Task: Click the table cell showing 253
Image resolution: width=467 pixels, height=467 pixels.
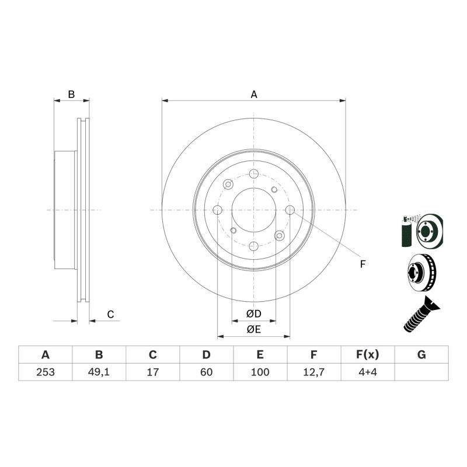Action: tap(46, 372)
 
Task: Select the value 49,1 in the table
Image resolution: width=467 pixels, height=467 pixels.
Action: tap(99, 372)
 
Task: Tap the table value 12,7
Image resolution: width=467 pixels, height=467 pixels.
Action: tap(313, 372)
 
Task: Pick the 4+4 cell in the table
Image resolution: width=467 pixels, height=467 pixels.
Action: tap(368, 372)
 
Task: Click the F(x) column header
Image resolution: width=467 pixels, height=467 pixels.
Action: tap(368, 355)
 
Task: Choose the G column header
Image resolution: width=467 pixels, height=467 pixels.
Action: tap(421, 355)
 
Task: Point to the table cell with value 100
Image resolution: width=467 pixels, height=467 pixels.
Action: tap(260, 372)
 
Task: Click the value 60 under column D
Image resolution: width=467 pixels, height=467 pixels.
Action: tap(206, 372)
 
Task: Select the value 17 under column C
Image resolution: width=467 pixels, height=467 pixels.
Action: tap(152, 372)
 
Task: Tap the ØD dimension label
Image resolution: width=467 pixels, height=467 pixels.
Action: tap(253, 313)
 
